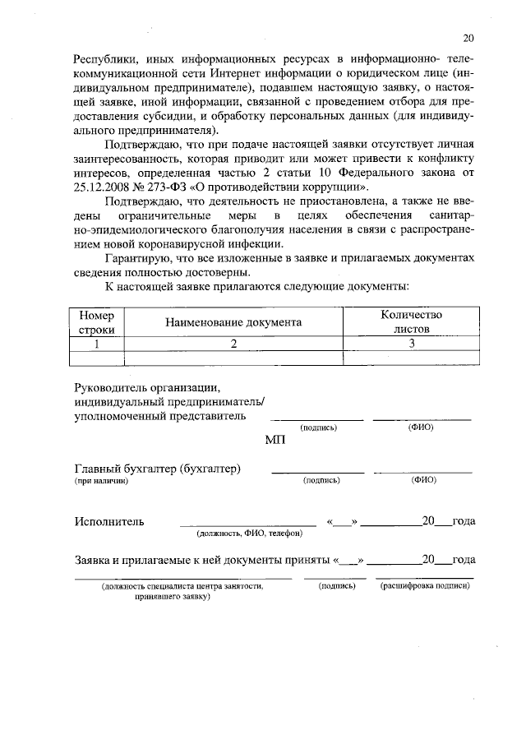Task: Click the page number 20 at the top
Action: coord(468,37)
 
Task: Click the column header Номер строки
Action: coord(98,322)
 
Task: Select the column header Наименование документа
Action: coord(233,323)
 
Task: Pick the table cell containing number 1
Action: coord(98,344)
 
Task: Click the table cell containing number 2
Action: coord(233,344)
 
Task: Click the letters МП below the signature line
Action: coord(275,441)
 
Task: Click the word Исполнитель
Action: coord(109,521)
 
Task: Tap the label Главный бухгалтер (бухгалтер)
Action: coord(157,469)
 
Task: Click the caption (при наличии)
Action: coord(102,481)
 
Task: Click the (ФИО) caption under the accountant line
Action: coord(423,480)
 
